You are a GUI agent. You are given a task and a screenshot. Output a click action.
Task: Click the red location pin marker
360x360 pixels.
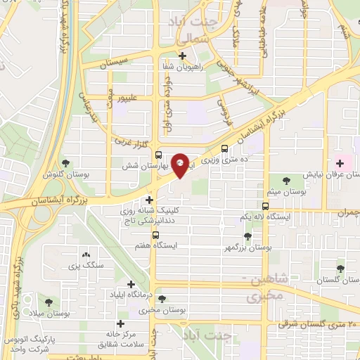tap(180, 164)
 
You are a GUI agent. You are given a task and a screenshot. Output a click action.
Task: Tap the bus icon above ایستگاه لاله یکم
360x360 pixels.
tap(266, 206)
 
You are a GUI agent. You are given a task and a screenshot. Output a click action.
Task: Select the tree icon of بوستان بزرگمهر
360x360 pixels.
tap(247, 237)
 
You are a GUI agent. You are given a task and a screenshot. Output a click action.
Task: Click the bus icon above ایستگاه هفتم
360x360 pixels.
tap(156, 236)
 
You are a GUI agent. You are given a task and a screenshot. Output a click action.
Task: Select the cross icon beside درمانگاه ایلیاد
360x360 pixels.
tap(131, 283)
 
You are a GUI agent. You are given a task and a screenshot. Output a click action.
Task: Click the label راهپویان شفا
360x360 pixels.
tap(182, 67)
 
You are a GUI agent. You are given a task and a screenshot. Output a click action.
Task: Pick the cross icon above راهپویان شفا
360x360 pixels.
tap(182, 56)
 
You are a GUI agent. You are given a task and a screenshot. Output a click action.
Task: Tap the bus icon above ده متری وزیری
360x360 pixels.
tap(224, 149)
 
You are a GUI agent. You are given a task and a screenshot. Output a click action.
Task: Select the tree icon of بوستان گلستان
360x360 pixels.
tap(340, 268)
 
